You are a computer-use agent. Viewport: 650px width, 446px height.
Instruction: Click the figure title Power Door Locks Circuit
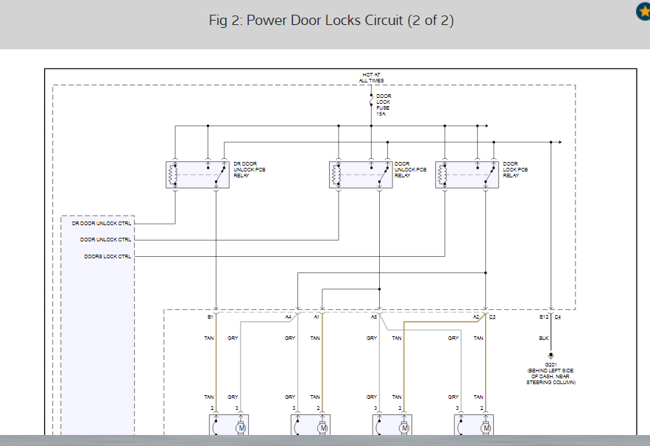point(331,21)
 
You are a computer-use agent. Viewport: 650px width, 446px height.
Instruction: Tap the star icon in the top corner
point(642,12)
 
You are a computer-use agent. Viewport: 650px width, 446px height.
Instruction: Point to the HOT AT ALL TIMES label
point(372,78)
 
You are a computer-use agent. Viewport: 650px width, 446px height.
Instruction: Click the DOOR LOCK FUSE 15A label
point(384,105)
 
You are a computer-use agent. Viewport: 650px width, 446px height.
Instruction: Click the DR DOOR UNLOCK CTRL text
point(102,223)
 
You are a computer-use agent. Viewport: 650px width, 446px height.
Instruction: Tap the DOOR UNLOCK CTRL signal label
point(106,240)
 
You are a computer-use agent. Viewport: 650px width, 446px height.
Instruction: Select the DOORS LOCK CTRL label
point(107,257)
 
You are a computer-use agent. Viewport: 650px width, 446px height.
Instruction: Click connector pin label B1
point(210,317)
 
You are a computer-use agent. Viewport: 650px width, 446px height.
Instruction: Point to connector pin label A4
point(289,317)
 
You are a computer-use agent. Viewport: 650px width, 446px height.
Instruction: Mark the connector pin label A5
point(374,317)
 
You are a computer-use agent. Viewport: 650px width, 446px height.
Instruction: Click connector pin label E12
point(544,317)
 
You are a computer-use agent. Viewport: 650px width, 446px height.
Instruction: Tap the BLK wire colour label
point(544,339)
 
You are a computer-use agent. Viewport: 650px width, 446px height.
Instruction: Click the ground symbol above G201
point(551,355)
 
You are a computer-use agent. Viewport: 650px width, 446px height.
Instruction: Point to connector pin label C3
point(492,317)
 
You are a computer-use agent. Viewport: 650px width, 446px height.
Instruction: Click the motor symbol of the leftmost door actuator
point(241,427)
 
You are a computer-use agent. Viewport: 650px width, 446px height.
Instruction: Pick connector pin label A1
point(317,317)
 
